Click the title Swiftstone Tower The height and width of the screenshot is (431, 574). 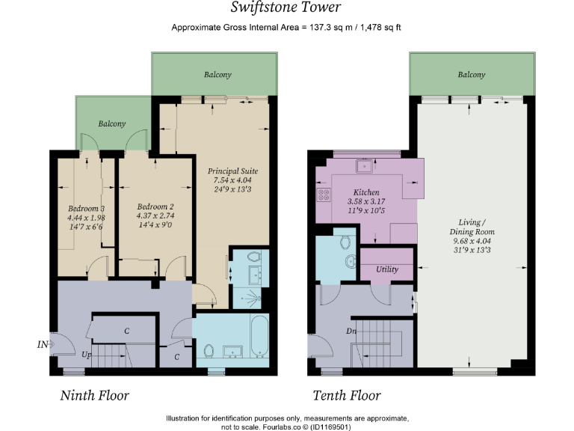[x=287, y=8]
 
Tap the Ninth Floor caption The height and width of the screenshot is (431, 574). [x=94, y=395]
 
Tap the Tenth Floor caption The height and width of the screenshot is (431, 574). [x=346, y=395]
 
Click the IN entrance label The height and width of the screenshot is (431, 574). [x=43, y=345]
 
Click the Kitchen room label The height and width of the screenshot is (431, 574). [x=366, y=192]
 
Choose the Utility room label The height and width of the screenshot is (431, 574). [x=387, y=269]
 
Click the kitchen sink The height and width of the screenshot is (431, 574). [x=365, y=167]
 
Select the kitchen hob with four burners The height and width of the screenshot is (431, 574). [x=324, y=195]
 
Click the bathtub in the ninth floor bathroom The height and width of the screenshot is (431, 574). [x=259, y=337]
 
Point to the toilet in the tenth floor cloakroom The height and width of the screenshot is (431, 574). [x=345, y=242]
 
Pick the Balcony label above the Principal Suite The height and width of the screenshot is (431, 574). [x=217, y=75]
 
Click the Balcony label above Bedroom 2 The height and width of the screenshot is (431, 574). [x=111, y=123]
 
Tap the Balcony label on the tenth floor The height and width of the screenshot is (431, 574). [x=471, y=75]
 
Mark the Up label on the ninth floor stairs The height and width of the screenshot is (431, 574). [x=87, y=355]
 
